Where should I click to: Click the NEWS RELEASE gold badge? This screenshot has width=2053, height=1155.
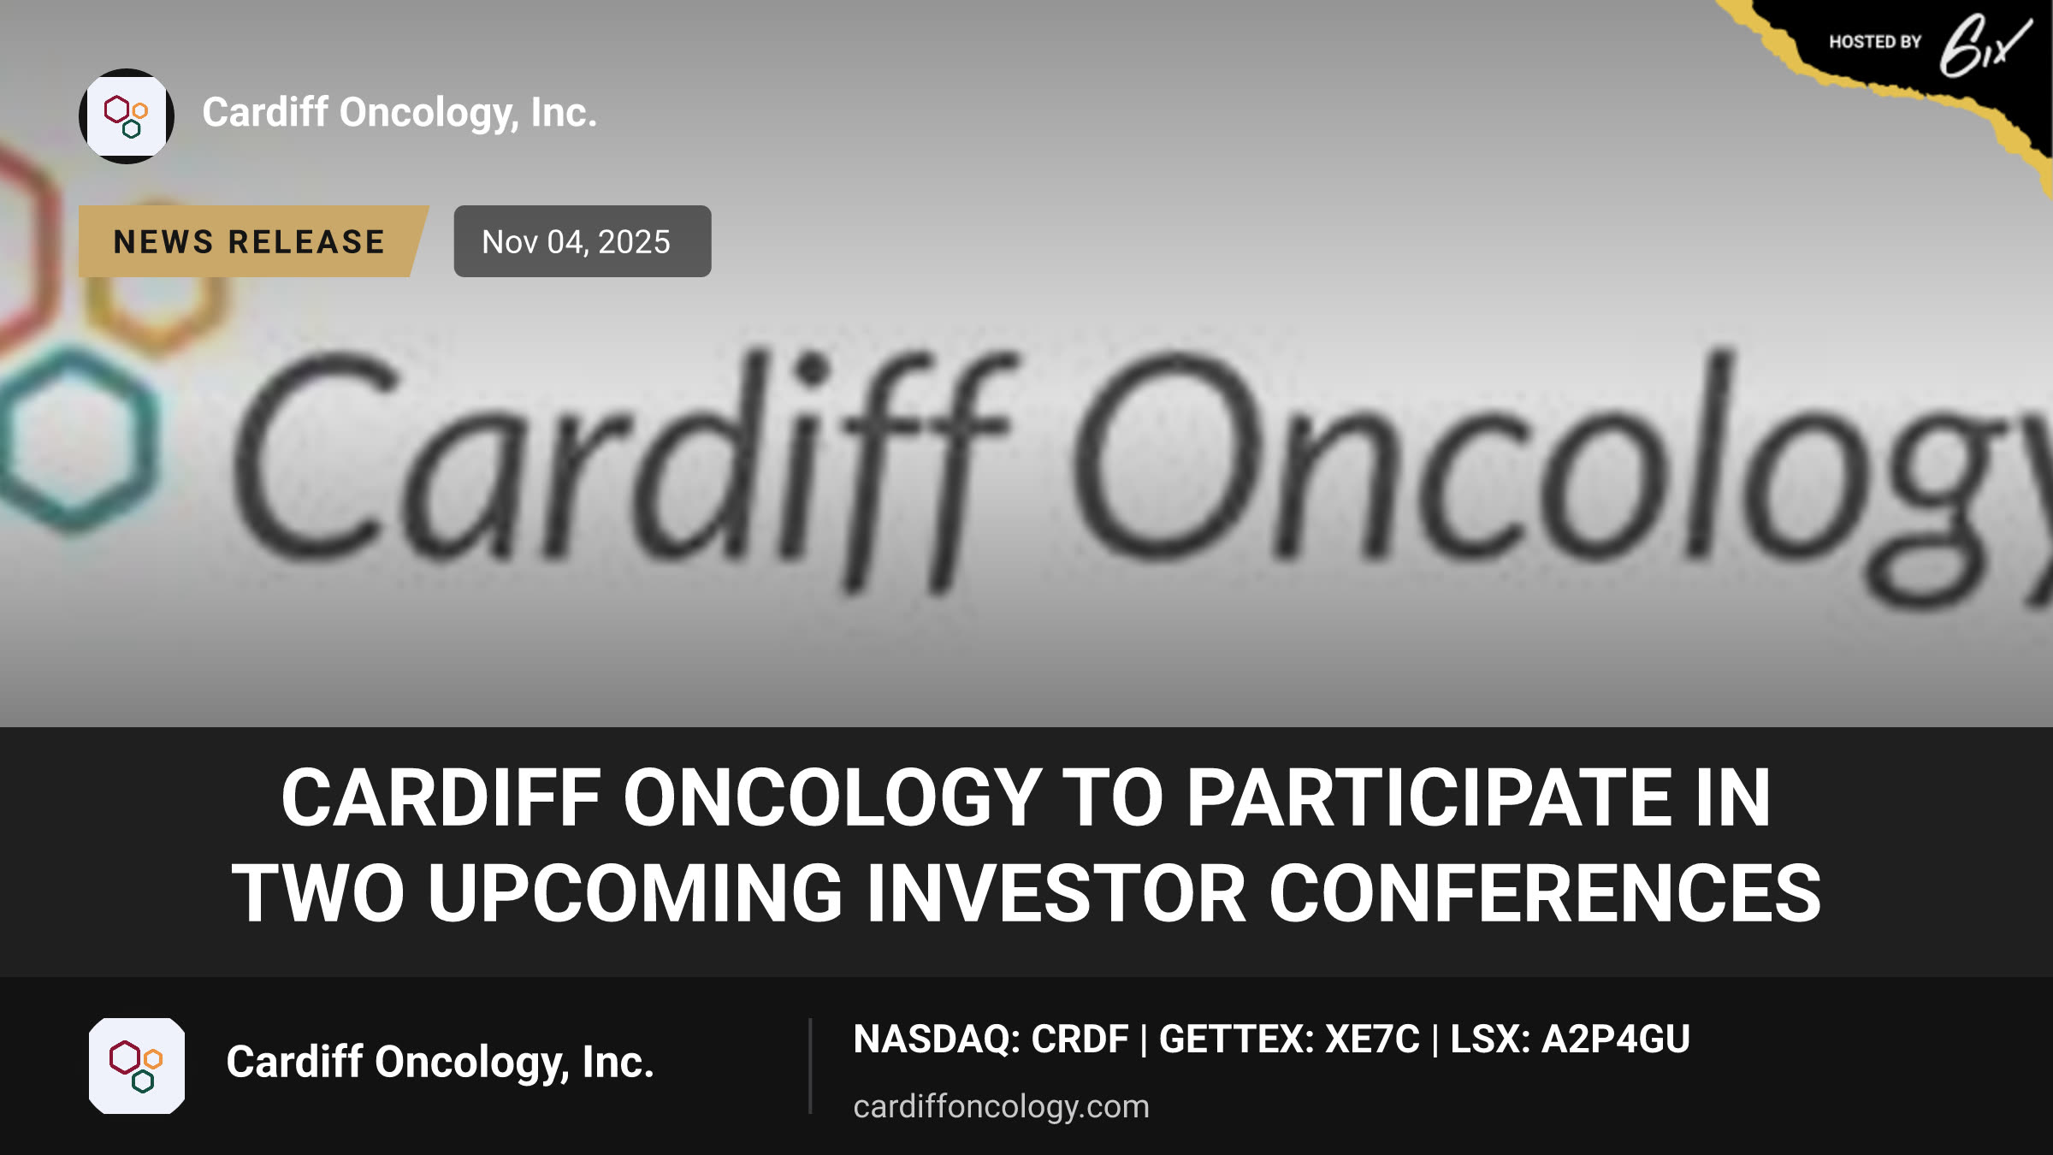point(252,241)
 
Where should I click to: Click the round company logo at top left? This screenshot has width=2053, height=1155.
point(127,116)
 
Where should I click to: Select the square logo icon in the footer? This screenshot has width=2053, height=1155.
point(137,1066)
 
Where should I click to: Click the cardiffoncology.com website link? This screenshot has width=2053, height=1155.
point(1001,1106)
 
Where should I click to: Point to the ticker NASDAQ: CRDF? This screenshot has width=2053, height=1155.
point(991,1039)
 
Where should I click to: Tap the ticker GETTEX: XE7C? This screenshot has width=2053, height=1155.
point(1289,1039)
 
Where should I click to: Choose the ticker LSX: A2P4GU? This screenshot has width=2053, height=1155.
point(1570,1039)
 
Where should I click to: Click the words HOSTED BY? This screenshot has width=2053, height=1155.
point(1875,42)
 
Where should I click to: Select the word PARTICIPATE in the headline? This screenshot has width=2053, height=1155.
point(1429,797)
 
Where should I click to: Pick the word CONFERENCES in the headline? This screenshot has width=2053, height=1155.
point(1545,893)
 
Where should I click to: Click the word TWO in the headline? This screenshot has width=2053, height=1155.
point(318,893)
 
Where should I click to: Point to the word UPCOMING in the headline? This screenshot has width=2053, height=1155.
point(636,893)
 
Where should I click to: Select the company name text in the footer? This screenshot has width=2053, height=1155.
point(440,1062)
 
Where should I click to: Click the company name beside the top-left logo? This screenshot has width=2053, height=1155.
point(399,113)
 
